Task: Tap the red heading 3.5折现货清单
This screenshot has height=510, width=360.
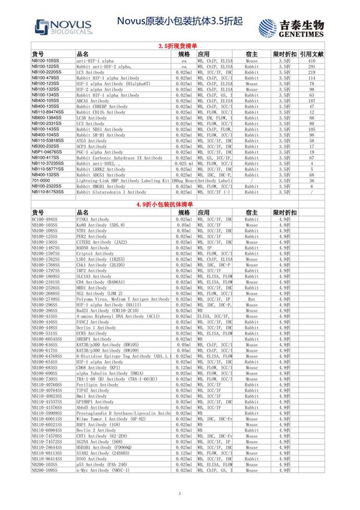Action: pos(179,46)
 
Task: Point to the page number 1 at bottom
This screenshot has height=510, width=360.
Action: pos(179,493)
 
